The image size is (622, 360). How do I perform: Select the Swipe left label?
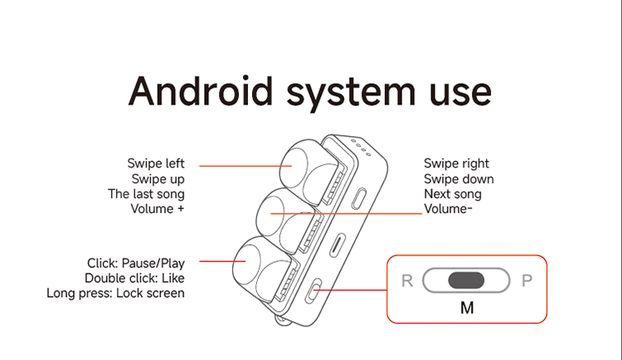pyautogui.click(x=156, y=163)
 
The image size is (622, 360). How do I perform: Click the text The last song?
pyautogui.click(x=146, y=193)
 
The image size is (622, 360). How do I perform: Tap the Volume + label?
pyautogui.click(x=158, y=208)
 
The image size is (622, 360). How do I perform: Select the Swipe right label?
pyautogui.click(x=456, y=163)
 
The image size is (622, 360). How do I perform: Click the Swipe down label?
pyautogui.click(x=459, y=178)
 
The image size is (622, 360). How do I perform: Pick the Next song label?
pyautogui.click(x=453, y=193)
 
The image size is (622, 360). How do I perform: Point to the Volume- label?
pyautogui.click(x=449, y=208)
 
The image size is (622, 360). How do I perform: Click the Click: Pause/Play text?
pyautogui.click(x=136, y=263)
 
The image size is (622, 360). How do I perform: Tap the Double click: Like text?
pyautogui.click(x=134, y=278)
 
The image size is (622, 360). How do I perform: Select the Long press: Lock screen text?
pyautogui.click(x=116, y=293)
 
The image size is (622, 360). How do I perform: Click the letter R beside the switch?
pyautogui.click(x=407, y=280)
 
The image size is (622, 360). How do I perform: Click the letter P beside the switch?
pyautogui.click(x=526, y=280)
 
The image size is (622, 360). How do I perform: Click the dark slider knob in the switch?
pyautogui.click(x=466, y=280)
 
